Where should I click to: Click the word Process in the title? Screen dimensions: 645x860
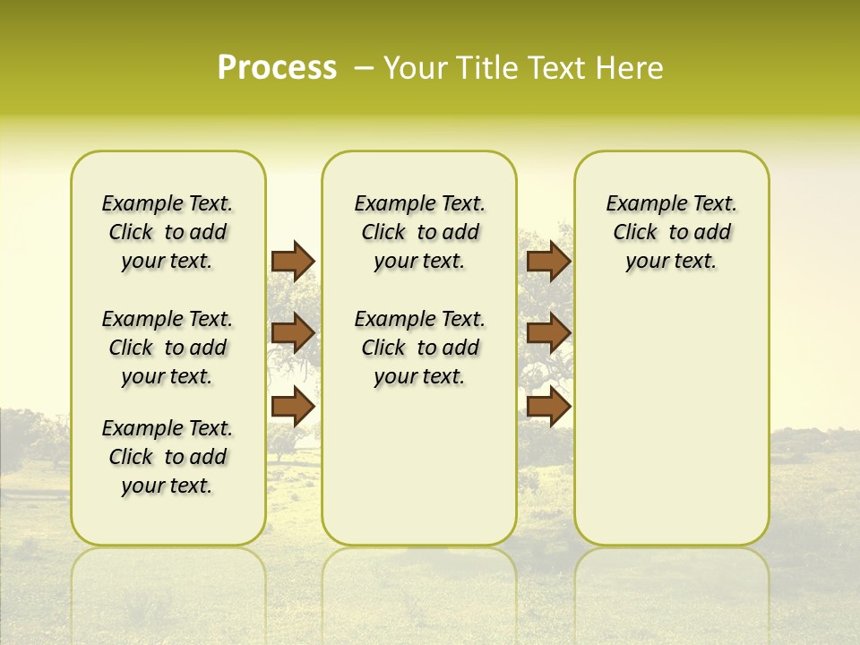277,67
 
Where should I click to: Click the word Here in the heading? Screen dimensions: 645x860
631,67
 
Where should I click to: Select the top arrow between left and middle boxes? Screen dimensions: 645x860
293,261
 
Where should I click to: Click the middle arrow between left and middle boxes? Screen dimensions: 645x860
293,333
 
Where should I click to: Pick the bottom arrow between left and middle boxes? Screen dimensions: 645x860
293,407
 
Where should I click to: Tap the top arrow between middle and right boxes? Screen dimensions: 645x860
548,261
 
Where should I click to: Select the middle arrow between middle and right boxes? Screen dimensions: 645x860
548,333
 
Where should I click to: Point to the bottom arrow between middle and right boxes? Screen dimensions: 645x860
548,407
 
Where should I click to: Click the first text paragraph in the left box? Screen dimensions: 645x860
168,232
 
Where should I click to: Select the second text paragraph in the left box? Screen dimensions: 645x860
168,348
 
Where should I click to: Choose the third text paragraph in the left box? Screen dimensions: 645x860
168,457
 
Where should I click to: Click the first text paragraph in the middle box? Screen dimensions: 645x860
419,232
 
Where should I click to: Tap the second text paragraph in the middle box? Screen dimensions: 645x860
419,348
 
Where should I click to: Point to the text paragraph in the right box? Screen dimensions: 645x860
671,232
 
